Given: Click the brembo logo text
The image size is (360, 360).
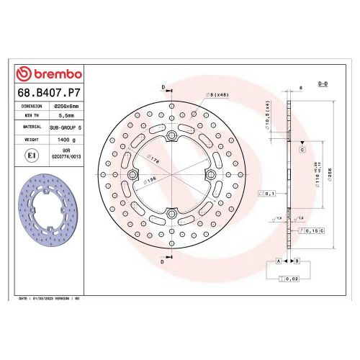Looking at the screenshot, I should pos(54,74).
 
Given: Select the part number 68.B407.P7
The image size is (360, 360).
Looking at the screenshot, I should pos(48,93).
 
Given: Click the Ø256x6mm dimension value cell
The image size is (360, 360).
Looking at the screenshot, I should pos(66,105).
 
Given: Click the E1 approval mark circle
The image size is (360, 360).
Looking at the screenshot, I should pos(32,154).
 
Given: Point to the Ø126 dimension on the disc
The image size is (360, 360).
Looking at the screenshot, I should pos(153,180).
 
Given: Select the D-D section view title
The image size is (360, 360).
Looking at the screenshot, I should pos(325,85).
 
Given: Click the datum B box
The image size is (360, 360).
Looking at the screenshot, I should pos(297,260).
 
